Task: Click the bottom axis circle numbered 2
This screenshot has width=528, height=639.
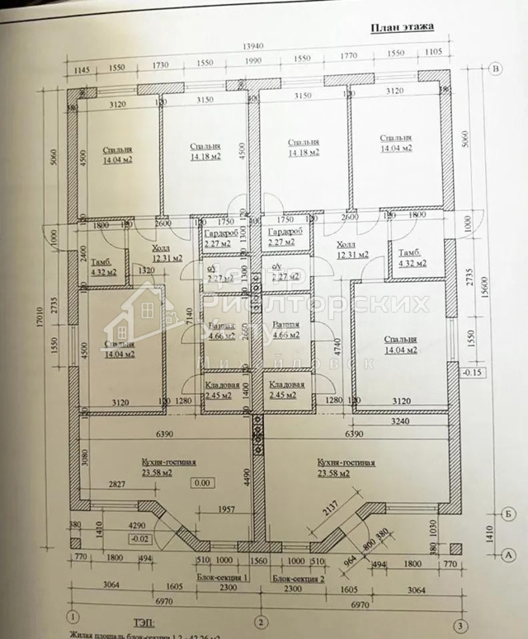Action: pos(261,621)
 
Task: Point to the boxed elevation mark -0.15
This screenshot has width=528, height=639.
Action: pos(473,372)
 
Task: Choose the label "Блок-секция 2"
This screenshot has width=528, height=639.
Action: pos(299,578)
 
